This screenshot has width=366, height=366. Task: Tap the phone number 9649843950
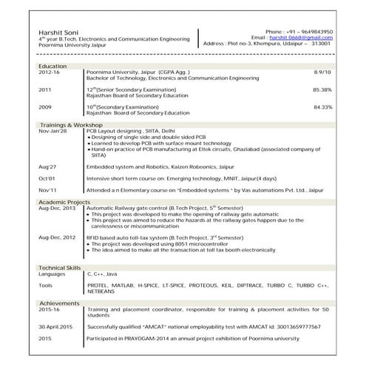coord(314,32)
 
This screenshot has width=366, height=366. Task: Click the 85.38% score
coord(322,89)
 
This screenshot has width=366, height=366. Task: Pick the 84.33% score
coord(322,107)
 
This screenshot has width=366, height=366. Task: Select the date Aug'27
coord(47,167)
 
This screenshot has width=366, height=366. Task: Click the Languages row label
coord(52,274)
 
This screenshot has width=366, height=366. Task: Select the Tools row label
coord(46,285)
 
